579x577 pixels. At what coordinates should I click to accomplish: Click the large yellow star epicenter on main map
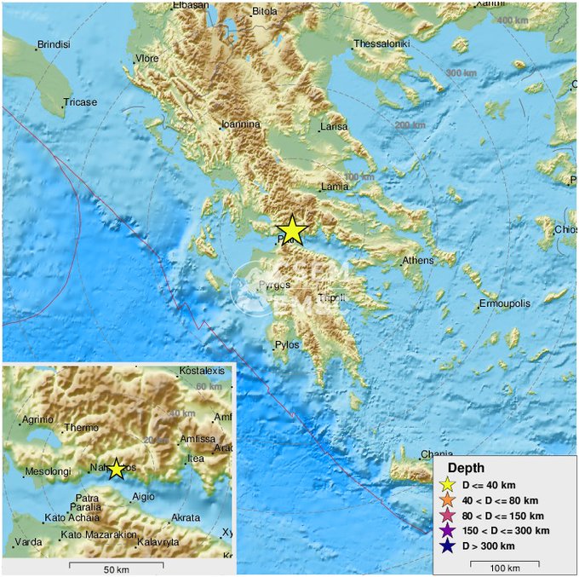292,230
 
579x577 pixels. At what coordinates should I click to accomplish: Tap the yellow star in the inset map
117,469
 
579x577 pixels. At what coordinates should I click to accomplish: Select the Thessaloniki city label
383,43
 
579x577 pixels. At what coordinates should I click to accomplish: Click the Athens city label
417,261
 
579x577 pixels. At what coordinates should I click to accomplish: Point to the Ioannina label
240,124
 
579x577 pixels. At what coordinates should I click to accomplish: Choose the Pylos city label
286,345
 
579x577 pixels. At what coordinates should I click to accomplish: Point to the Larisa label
334,128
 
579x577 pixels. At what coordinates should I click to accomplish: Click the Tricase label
80,102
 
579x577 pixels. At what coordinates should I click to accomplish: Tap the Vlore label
146,59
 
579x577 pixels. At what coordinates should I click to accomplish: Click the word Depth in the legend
467,468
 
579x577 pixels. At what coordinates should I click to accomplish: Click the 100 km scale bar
506,563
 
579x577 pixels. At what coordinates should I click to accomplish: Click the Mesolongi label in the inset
48,470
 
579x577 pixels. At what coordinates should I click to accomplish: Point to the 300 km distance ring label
461,73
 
